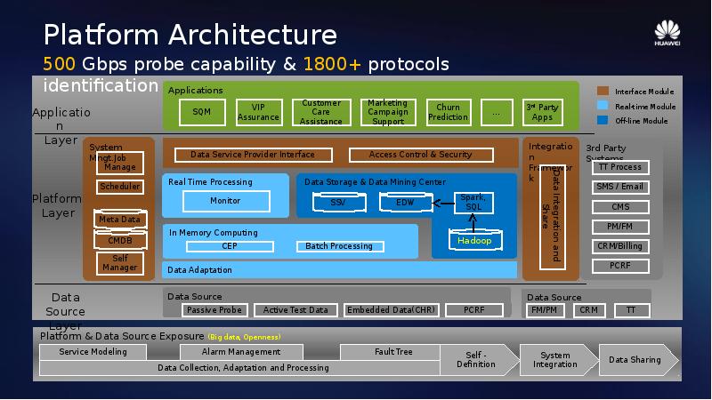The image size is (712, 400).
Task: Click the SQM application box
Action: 201,113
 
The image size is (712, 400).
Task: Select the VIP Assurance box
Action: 258,112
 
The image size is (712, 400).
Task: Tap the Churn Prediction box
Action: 448,112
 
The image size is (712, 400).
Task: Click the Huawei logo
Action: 667,33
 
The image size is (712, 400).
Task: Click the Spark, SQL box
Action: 473,203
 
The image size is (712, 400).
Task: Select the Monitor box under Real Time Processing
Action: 225,201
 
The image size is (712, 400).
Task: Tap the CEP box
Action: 230,246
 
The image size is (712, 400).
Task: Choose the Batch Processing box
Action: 339,246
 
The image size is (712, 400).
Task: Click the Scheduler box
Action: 120,187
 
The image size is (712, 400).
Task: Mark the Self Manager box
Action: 120,262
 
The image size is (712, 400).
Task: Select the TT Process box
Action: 620,167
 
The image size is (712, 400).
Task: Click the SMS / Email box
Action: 620,187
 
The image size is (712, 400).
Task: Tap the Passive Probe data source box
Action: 214,310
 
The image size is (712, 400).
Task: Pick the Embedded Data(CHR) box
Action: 391,310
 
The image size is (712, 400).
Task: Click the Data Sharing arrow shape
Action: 635,360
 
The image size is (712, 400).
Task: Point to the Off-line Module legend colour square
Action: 603,121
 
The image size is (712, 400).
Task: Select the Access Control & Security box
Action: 420,155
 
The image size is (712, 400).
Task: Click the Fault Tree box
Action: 393,352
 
